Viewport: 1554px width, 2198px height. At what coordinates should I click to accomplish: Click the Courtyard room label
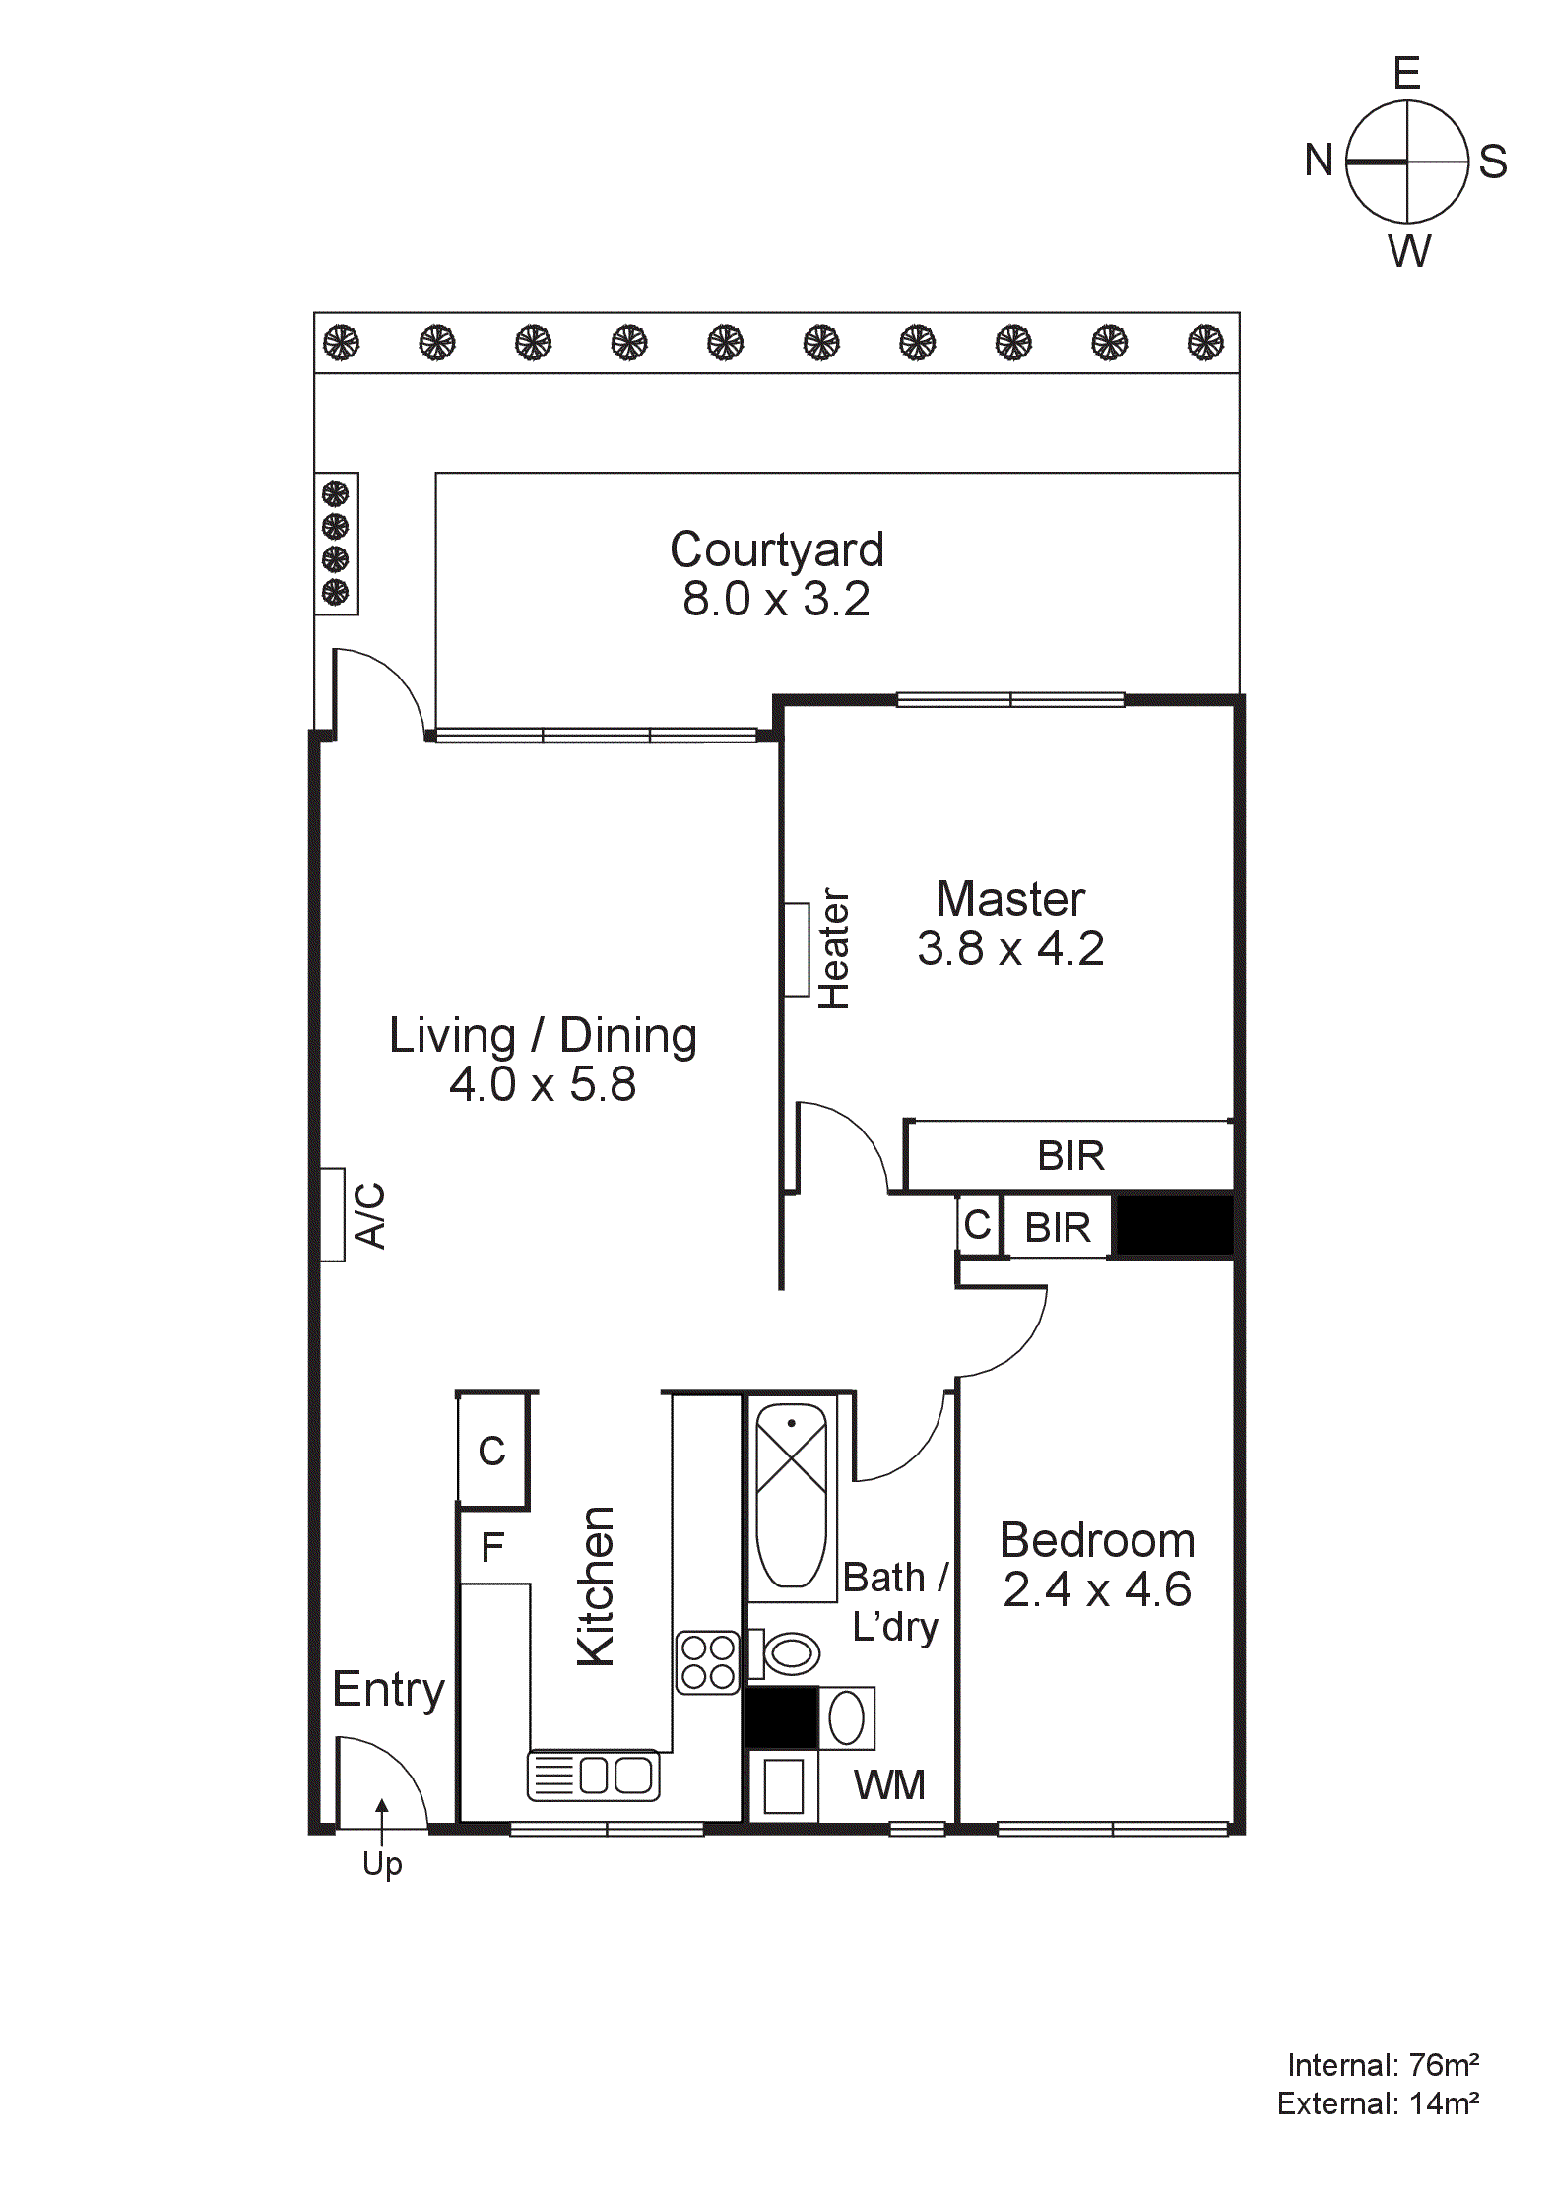pyautogui.click(x=776, y=549)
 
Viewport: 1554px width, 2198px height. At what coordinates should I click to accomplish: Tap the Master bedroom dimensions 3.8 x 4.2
pyautogui.click(x=1010, y=948)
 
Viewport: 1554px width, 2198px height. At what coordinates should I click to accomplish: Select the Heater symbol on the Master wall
pyautogui.click(x=796, y=949)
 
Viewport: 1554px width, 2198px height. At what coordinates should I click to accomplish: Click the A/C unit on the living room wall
pyautogui.click(x=333, y=1214)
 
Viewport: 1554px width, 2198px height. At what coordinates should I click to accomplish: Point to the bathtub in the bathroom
pyautogui.click(x=791, y=1495)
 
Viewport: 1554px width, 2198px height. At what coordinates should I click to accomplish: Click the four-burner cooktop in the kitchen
pyautogui.click(x=707, y=1663)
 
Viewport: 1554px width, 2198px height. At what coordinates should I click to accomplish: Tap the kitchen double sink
pyautogui.click(x=593, y=1776)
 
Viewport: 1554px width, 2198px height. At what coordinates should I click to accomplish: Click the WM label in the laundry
pyautogui.click(x=889, y=1785)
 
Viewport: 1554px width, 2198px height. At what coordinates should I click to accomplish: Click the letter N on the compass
pyautogui.click(x=1319, y=161)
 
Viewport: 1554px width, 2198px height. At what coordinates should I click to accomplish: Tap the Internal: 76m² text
pyautogui.click(x=1383, y=2064)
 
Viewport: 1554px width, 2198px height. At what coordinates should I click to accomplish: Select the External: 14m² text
pyautogui.click(x=1378, y=2104)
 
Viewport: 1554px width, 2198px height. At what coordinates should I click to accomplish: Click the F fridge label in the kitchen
pyautogui.click(x=492, y=1548)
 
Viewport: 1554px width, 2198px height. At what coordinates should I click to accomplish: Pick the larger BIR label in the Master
pyautogui.click(x=1070, y=1156)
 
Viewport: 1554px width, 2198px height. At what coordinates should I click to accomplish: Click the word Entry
pyautogui.click(x=388, y=1690)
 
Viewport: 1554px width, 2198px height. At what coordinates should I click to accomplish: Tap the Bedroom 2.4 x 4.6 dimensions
pyautogui.click(x=1097, y=1589)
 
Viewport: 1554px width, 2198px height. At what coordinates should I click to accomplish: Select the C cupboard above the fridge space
pyautogui.click(x=492, y=1451)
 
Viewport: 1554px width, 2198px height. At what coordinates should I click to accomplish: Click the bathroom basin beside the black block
pyautogui.click(x=847, y=1718)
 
